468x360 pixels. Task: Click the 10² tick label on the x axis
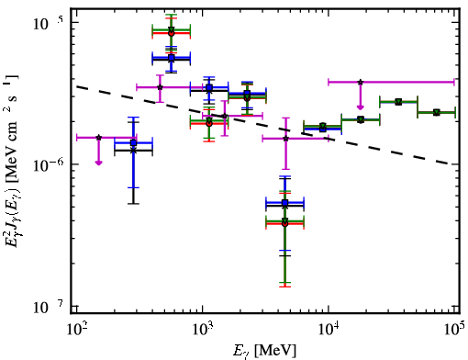pyautogui.click(x=77, y=329)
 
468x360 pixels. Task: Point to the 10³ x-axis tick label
pyautogui.click(x=203, y=329)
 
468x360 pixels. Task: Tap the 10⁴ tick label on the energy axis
pyautogui.click(x=329, y=329)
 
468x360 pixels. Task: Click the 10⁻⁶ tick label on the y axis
pyautogui.click(x=49, y=164)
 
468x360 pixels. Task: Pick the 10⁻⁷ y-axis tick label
pyautogui.click(x=49, y=306)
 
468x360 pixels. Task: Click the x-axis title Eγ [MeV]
pyautogui.click(x=264, y=351)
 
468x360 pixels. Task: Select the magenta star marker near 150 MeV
pyautogui.click(x=98, y=138)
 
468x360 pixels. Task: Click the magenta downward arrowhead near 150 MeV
pyautogui.click(x=98, y=163)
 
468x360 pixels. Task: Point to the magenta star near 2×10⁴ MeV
pyautogui.click(x=361, y=82)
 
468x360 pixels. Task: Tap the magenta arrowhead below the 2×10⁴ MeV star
pyautogui.click(x=361, y=107)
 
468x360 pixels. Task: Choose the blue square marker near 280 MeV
pyautogui.click(x=133, y=142)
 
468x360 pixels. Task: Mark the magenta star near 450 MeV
pyautogui.click(x=160, y=87)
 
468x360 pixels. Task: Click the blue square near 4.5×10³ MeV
pyautogui.click(x=285, y=203)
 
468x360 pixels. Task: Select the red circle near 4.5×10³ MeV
pyautogui.click(x=285, y=224)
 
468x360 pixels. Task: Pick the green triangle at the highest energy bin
pyautogui.click(x=437, y=112)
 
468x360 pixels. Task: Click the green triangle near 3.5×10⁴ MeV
pyautogui.click(x=398, y=102)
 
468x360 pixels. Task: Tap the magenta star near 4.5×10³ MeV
pyautogui.click(x=285, y=139)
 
